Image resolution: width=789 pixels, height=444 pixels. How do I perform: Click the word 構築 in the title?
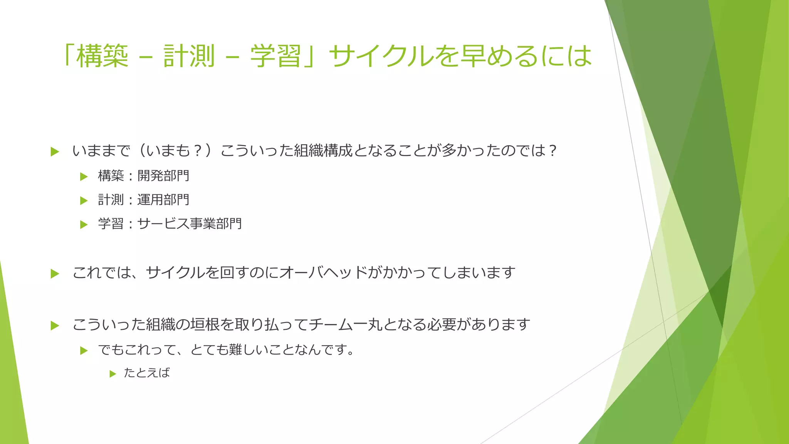102,56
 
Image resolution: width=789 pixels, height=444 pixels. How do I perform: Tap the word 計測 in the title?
189,56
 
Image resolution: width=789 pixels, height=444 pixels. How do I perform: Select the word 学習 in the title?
275,56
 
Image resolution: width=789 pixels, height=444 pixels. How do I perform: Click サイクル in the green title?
381,56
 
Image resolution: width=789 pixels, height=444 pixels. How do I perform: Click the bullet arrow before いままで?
55,151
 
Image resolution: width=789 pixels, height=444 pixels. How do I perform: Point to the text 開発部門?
163,176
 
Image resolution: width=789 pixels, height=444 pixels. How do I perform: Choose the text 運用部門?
163,200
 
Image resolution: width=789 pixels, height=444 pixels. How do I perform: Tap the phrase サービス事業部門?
190,224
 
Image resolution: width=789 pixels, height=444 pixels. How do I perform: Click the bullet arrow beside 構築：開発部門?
84,177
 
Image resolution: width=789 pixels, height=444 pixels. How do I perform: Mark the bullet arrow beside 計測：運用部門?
84,201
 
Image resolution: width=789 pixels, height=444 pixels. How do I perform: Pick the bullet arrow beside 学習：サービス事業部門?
84,225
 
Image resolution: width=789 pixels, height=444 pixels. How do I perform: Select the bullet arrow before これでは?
55,274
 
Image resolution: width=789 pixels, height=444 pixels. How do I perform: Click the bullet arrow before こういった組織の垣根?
55,326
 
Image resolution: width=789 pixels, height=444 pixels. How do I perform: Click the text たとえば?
147,373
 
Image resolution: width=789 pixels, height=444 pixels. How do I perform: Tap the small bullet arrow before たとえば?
112,374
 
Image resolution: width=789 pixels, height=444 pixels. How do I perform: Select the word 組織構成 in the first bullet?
323,150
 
